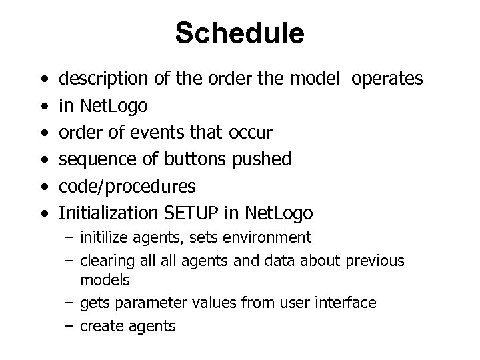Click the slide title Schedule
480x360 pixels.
tap(239, 33)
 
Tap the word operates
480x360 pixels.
tap(387, 79)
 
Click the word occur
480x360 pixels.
tap(250, 133)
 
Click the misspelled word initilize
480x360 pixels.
tap(102, 237)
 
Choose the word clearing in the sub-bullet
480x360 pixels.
tap(104, 261)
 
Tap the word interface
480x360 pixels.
tap(346, 303)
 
